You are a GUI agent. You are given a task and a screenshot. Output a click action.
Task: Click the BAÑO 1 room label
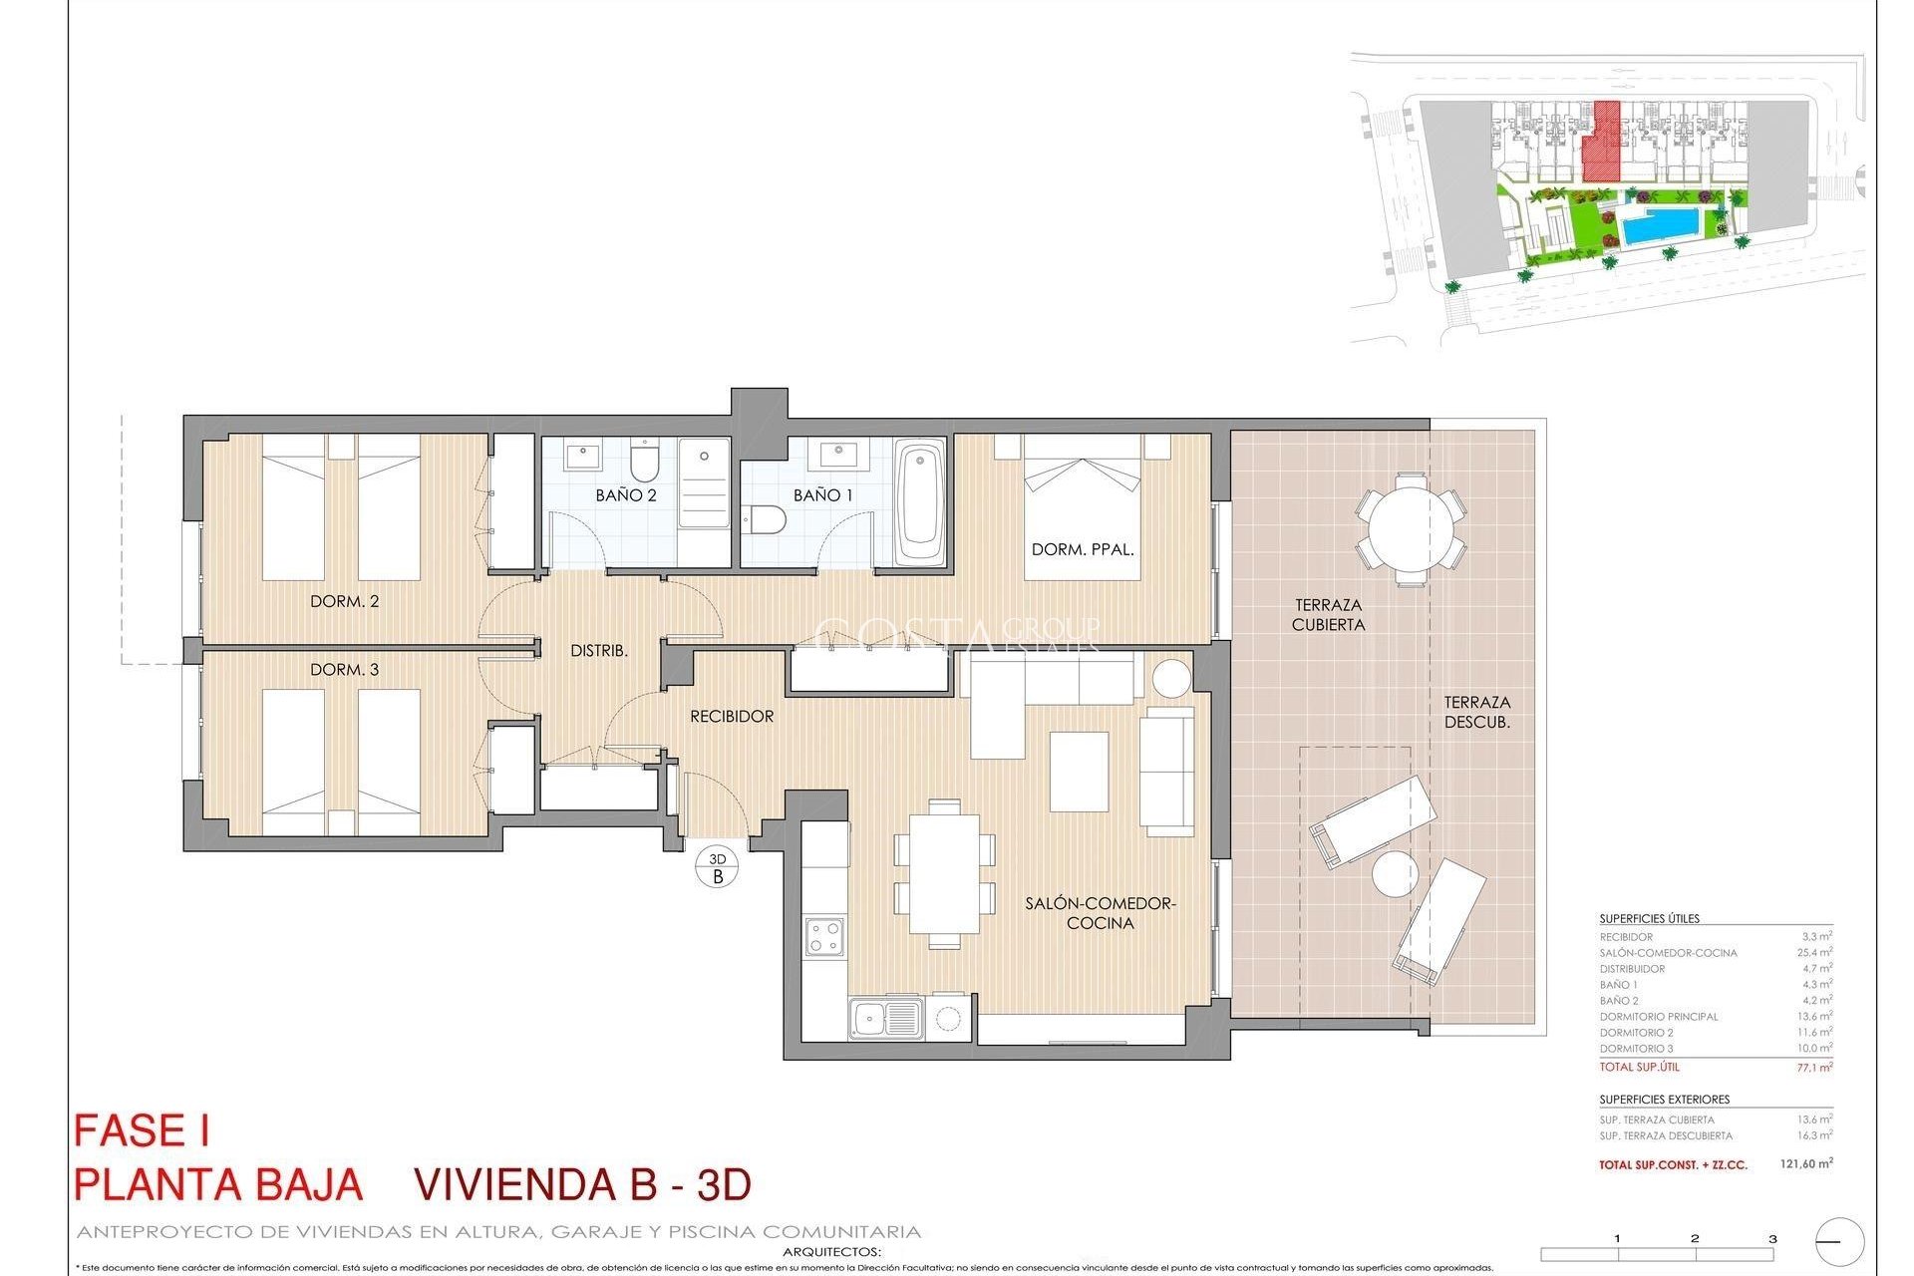[822, 494]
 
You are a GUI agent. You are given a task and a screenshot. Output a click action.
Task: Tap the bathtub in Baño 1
[920, 501]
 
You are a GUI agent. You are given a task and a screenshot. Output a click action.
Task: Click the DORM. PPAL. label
[1083, 549]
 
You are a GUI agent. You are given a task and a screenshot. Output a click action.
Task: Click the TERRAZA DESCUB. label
[1476, 712]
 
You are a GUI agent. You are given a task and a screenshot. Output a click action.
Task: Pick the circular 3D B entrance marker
[718, 867]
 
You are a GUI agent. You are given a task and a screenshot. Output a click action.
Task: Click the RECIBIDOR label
[732, 716]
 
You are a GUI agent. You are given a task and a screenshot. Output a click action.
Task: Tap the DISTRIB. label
[598, 650]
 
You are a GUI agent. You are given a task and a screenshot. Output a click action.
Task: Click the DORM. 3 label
[344, 669]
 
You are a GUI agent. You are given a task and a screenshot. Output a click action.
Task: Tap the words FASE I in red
[142, 1130]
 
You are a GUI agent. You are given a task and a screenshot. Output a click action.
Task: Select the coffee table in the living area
[1079, 772]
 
